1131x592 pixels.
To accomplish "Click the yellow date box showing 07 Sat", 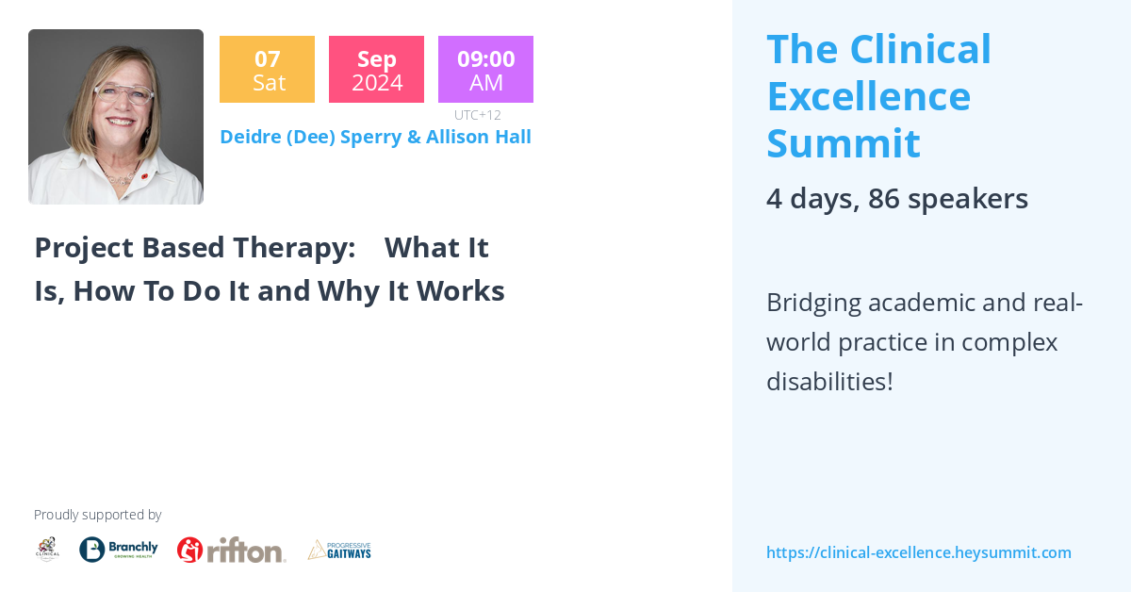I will pos(267,70).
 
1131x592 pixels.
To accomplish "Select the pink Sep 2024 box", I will pos(376,70).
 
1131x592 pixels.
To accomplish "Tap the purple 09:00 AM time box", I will pos(485,70).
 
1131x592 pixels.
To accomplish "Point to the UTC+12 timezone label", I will pos(477,115).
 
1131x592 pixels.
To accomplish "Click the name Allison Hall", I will pos(478,137).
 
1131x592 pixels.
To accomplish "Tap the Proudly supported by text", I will pos(97,515).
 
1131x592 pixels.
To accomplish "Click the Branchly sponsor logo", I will pos(118,550).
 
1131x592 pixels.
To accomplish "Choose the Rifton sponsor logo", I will pos(231,550).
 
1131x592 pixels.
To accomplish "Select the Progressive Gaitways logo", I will pos(339,550).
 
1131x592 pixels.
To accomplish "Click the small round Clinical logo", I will pos(47,550).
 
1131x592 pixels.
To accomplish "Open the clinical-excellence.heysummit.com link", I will pos(918,552).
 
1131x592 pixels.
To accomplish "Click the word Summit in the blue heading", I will pos(843,143).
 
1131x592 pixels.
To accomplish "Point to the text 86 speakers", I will pos(947,199).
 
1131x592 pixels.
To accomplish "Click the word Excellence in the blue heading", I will pos(868,96).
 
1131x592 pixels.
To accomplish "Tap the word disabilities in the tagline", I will pos(828,382).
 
